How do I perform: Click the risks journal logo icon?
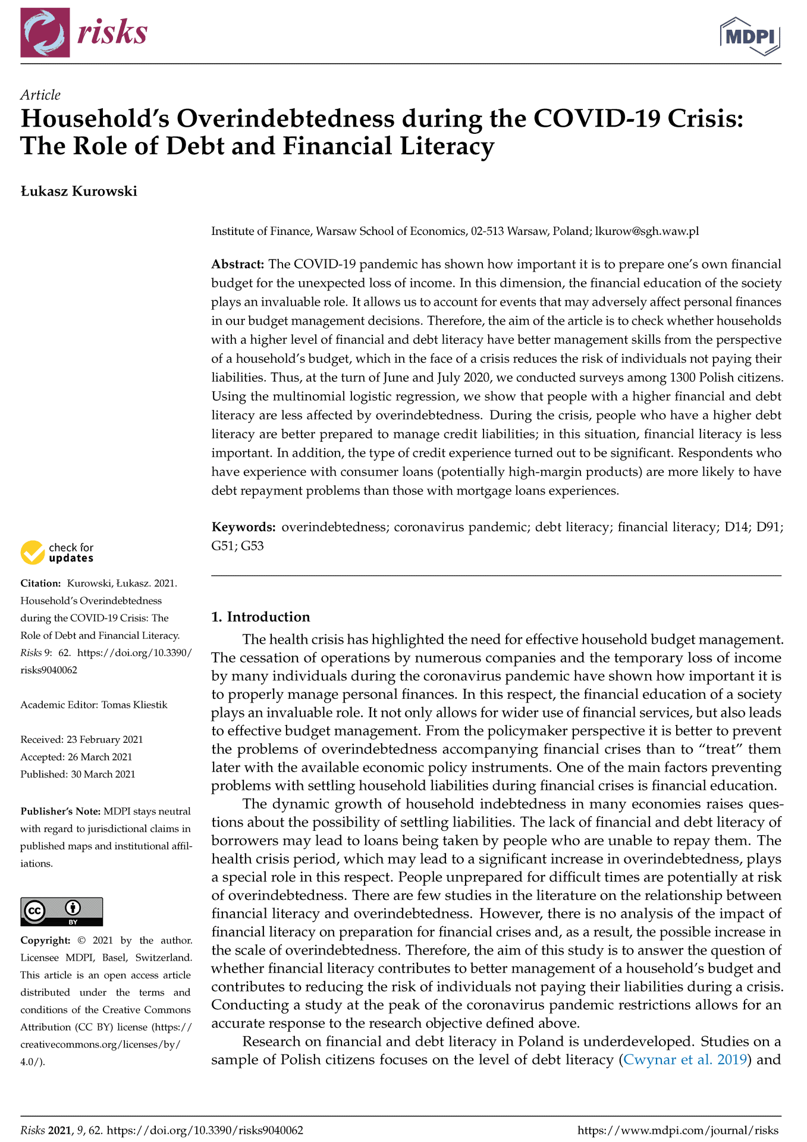coord(45,33)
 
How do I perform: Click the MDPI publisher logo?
coord(750,36)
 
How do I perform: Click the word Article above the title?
coord(40,95)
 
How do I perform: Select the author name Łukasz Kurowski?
coord(78,192)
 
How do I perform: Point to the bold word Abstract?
coord(237,264)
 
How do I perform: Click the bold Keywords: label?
coord(243,527)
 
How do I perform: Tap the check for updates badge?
coord(57,553)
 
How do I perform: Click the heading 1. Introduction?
coord(260,617)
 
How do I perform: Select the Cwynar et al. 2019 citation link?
coord(684,1060)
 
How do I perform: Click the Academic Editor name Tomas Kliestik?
coord(134,705)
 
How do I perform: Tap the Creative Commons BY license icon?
coord(61,911)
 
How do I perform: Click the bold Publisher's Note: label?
coord(60,811)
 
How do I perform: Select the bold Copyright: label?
coord(45,940)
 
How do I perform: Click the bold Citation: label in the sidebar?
coord(40,583)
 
